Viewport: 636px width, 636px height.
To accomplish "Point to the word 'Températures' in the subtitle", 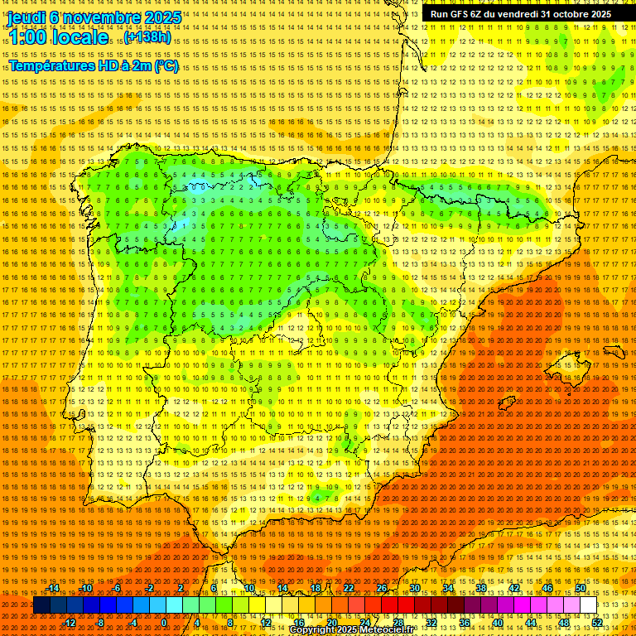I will click(x=55, y=65).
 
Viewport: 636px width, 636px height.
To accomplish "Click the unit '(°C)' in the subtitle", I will click(x=166, y=65).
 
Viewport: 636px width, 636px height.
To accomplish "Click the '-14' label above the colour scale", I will click(x=54, y=588).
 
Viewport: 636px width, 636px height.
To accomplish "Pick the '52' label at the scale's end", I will click(x=597, y=623).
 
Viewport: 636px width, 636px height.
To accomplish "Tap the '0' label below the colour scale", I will click(x=164, y=623).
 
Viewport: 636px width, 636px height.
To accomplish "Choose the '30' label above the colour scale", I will click(x=414, y=588).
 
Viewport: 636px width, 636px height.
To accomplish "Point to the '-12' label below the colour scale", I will click(x=70, y=623).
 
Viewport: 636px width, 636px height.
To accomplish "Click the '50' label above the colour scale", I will click(x=581, y=588).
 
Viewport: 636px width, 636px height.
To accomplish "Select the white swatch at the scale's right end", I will click(x=589, y=605).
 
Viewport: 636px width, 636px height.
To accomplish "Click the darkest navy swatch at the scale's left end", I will click(x=41, y=605).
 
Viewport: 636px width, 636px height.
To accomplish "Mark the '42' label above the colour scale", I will click(x=513, y=588).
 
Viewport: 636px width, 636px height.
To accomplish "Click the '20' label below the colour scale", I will click(x=331, y=623).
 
